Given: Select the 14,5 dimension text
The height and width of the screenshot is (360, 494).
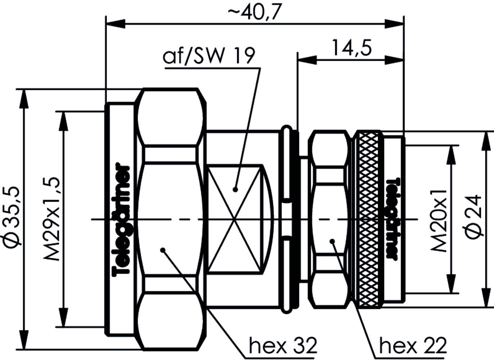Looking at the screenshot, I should (x=351, y=48).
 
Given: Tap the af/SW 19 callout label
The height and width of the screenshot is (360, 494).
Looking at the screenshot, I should (x=209, y=56).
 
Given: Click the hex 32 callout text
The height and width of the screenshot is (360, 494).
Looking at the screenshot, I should (x=283, y=346).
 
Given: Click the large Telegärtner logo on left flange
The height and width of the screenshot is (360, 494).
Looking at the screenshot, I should (x=122, y=220).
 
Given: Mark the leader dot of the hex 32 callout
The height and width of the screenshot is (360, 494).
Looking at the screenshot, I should (x=163, y=249).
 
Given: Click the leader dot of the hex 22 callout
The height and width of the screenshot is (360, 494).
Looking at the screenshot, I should (x=333, y=241).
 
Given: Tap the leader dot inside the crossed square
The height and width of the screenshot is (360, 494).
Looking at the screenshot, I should (x=235, y=189).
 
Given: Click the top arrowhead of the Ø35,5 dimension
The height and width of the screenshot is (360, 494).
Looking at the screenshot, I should (x=24, y=98).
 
